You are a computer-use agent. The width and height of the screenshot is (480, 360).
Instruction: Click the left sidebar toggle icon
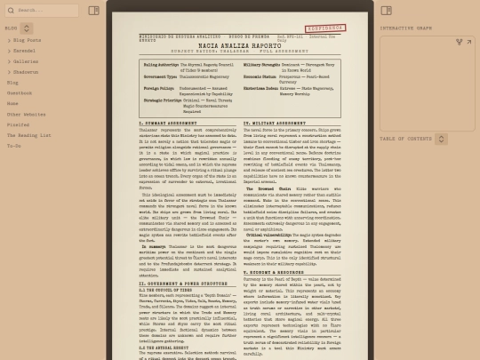[94, 11]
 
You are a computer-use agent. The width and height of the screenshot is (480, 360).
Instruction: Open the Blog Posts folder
[28, 40]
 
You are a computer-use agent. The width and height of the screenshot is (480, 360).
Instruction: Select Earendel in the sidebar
[26, 51]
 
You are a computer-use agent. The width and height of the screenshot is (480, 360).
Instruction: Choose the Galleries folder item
[27, 61]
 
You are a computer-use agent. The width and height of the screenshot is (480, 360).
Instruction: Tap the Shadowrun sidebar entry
[27, 72]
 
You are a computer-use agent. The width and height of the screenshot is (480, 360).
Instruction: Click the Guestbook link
[20, 92]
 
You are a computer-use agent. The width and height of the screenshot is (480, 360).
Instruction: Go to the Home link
[12, 103]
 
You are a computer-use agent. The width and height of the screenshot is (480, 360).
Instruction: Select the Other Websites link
[27, 114]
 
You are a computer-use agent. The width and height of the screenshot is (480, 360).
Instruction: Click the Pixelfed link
[19, 124]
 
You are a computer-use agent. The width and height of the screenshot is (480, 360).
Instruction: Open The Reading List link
[30, 135]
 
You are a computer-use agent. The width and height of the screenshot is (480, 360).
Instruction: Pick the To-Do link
[14, 146]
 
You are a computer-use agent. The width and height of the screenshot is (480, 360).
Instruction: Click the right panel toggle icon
[386, 11]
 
